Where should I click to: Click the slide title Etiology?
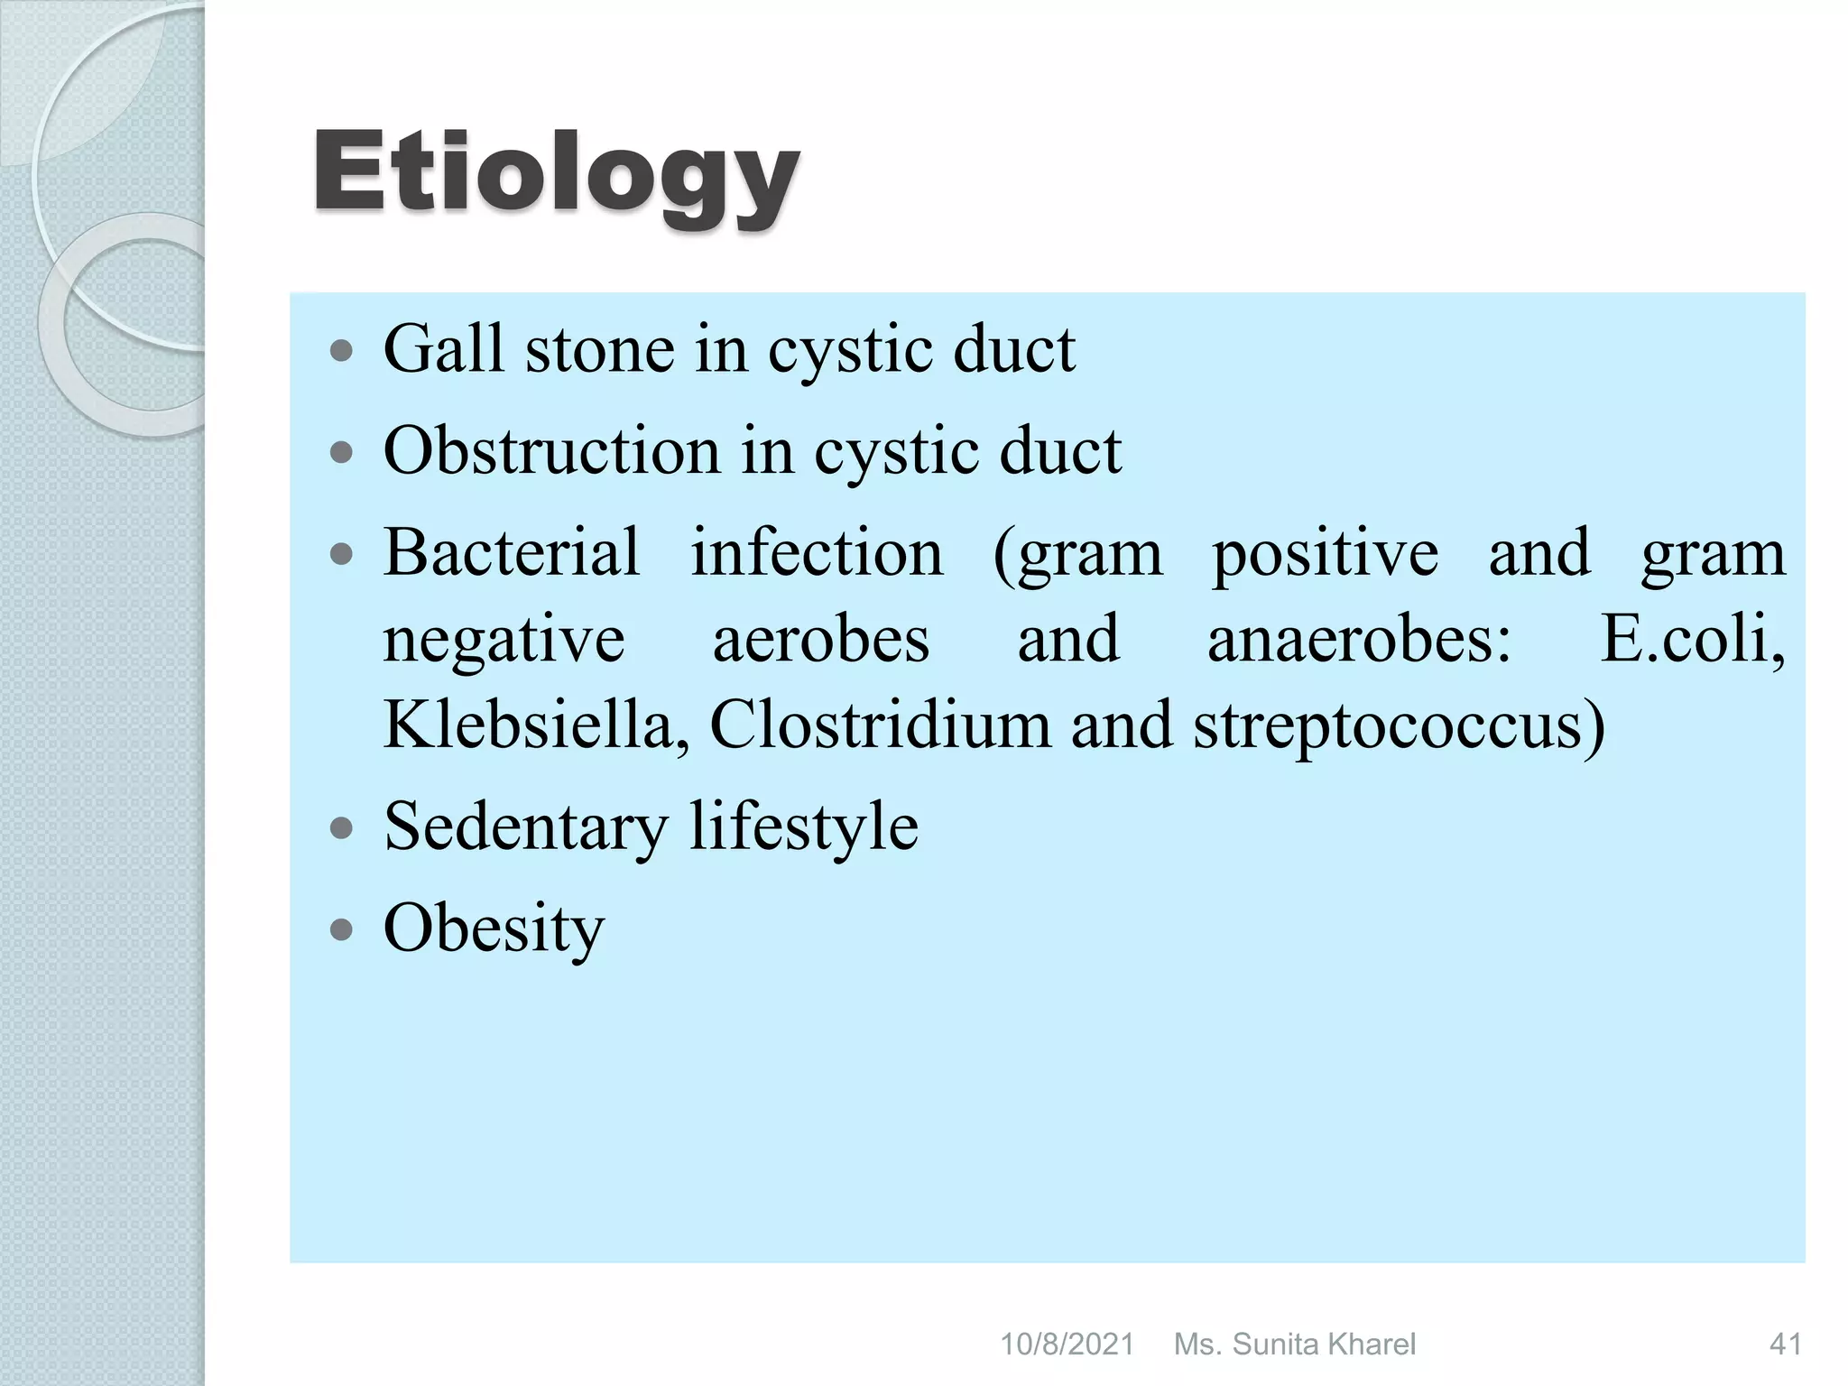click(x=555, y=173)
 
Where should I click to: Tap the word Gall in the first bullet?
click(x=443, y=349)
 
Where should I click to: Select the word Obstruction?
click(x=551, y=450)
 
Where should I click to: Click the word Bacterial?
click(x=512, y=552)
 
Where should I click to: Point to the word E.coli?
click(x=1693, y=639)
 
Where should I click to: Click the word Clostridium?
click(x=880, y=725)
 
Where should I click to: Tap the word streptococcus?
click(x=1400, y=726)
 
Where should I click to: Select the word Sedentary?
click(x=526, y=827)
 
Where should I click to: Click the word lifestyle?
click(x=804, y=827)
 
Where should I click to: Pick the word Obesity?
click(x=494, y=929)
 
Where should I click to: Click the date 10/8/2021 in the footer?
click(x=1067, y=1344)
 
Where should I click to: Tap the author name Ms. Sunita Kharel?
click(x=1295, y=1344)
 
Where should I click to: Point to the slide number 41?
click(x=1785, y=1344)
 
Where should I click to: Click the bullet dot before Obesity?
click(x=341, y=930)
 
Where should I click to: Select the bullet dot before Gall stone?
click(x=341, y=351)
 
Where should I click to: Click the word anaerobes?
click(x=1359, y=639)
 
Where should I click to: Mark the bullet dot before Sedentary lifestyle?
click(x=341, y=828)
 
